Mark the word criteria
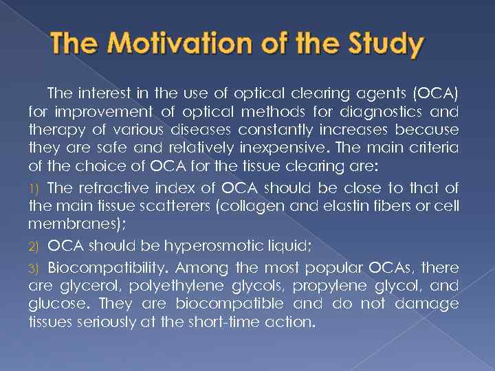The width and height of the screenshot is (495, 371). (439, 146)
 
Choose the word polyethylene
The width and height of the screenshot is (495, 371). (173, 286)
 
